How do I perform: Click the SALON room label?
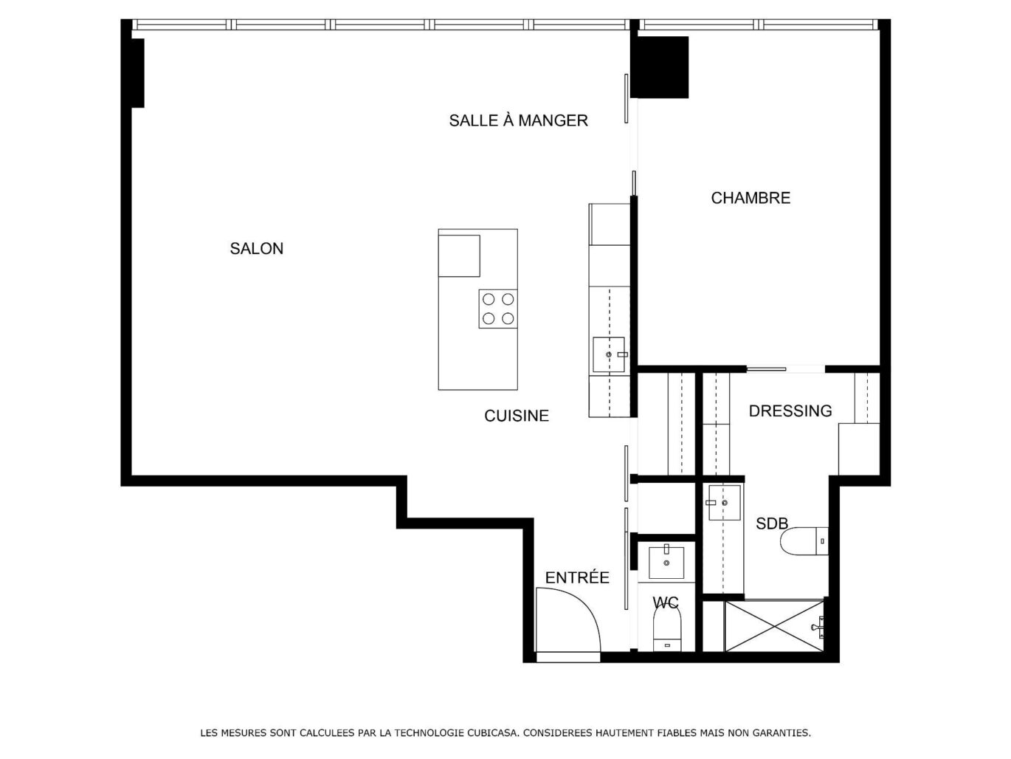(256, 249)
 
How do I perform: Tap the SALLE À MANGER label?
(518, 120)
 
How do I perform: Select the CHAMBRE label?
(750, 198)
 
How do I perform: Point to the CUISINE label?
(516, 416)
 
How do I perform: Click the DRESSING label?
(790, 411)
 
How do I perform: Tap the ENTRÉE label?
(576, 578)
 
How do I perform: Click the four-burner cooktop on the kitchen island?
(497, 309)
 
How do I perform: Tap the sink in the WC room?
(666, 563)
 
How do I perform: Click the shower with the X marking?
(773, 625)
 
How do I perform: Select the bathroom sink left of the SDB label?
(723, 503)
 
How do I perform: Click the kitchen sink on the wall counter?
(609, 355)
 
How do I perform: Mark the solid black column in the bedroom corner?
(662, 67)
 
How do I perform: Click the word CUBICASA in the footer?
(492, 733)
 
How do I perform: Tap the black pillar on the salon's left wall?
(137, 72)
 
